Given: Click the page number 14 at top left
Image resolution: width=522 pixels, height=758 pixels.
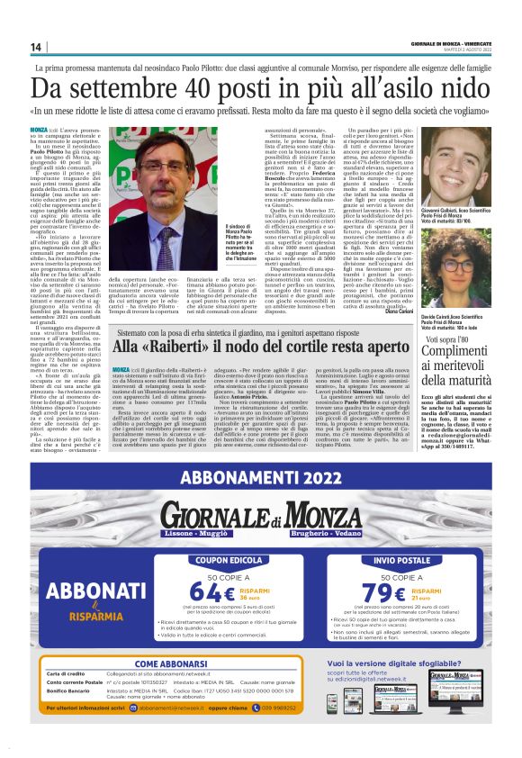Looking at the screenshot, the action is (37, 47).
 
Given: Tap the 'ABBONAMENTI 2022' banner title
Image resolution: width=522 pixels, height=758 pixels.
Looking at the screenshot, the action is (261, 479).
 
